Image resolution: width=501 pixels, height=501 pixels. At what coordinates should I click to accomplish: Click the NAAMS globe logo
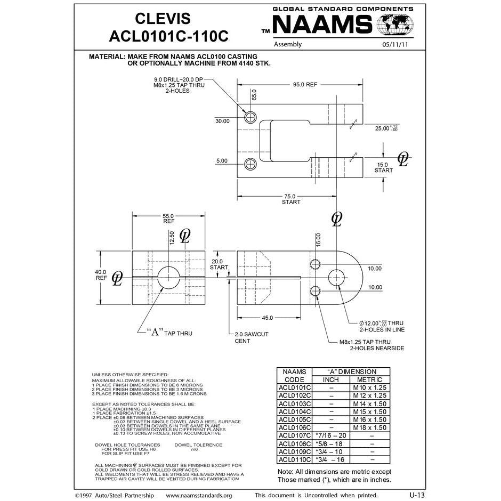click(395, 25)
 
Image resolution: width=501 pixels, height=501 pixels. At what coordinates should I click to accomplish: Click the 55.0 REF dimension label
click(168, 218)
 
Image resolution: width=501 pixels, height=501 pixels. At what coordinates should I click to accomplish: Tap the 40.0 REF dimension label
click(101, 275)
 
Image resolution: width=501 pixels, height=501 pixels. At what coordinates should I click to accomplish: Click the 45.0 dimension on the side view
click(267, 318)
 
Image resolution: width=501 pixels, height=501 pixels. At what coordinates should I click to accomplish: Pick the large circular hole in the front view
click(168, 277)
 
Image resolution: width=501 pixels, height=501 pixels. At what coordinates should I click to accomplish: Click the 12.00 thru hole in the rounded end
click(336, 277)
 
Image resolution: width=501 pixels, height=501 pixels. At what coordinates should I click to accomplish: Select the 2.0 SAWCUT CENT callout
click(252, 337)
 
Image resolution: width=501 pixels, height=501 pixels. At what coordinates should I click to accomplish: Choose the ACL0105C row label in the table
click(294, 419)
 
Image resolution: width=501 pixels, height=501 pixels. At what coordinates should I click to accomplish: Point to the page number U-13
click(417, 495)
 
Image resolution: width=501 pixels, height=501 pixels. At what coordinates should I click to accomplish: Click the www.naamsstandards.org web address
click(199, 495)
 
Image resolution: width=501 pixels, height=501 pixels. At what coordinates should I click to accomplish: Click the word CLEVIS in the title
click(163, 19)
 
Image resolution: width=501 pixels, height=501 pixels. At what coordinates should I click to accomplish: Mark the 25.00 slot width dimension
click(386, 128)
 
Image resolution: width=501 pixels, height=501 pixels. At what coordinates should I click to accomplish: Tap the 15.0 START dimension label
click(383, 167)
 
